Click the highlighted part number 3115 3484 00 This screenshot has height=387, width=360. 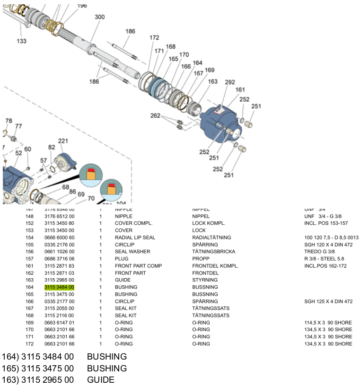[x=59, y=287]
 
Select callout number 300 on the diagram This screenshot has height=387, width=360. [x=99, y=17]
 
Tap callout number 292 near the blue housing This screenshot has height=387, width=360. [x=230, y=82]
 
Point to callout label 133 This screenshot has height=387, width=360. [x=22, y=41]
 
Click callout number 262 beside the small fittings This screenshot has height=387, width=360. [x=155, y=115]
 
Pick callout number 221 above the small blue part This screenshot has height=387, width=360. [x=63, y=141]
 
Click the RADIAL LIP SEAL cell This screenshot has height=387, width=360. [x=135, y=237]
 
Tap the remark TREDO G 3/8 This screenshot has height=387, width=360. [x=321, y=252]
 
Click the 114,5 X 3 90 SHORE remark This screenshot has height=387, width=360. [x=328, y=323]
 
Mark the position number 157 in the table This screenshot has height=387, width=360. [x=29, y=259]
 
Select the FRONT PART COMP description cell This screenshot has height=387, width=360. [x=138, y=266]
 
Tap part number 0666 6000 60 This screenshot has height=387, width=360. [x=59, y=237]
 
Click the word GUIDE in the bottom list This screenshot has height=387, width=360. [x=100, y=380]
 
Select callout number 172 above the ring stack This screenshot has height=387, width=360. [x=154, y=37]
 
